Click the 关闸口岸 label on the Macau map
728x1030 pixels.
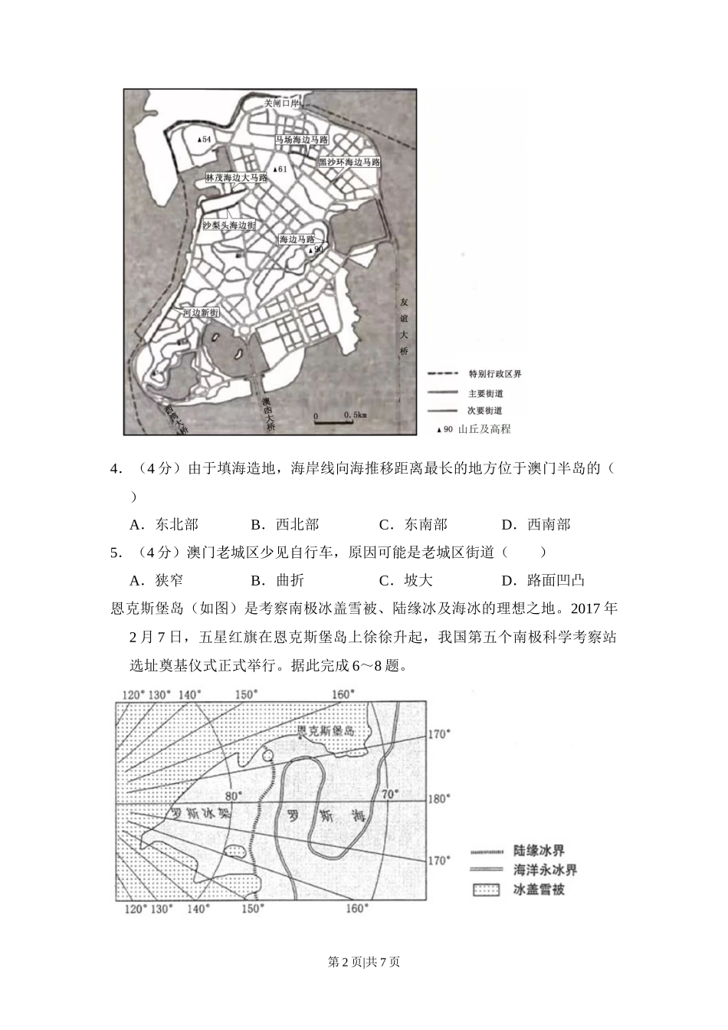tap(281, 103)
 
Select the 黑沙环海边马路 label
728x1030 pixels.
tap(349, 162)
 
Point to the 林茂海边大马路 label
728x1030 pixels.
tap(236, 178)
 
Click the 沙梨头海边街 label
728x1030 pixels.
tap(228, 225)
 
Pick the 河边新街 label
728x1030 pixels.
tap(201, 313)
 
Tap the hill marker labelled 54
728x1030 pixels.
tap(204, 139)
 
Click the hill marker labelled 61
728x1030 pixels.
tap(280, 169)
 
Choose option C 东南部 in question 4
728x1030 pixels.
tap(413, 525)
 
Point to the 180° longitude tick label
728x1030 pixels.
tap(439, 799)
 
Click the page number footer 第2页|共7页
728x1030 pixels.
tap(364, 962)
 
